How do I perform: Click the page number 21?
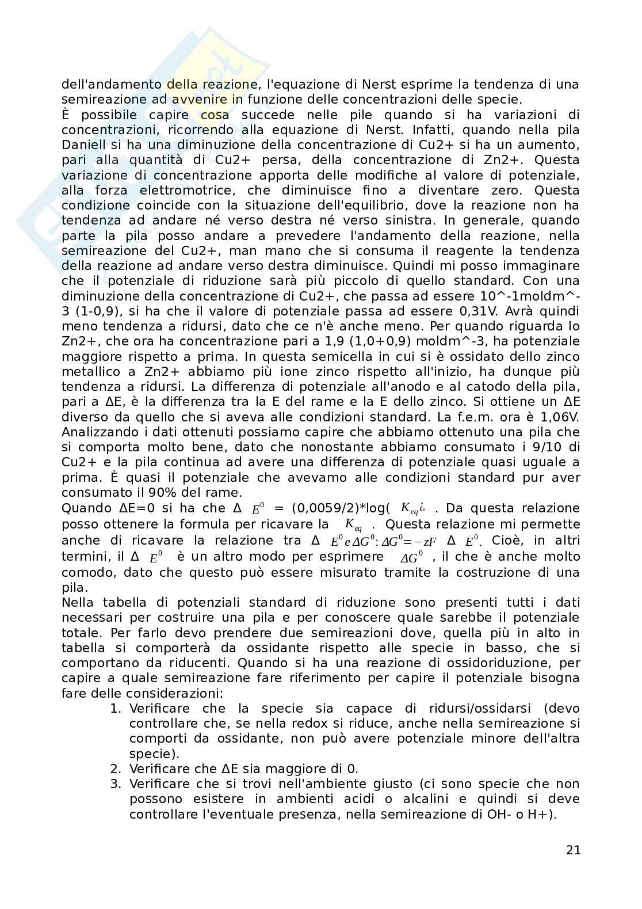click(x=573, y=850)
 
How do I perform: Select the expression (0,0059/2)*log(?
click(x=341, y=508)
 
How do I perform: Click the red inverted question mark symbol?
click(x=422, y=507)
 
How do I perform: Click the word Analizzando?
click(x=98, y=432)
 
